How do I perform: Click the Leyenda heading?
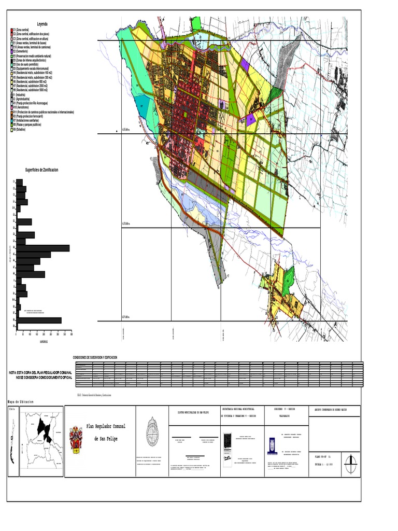click(x=41, y=24)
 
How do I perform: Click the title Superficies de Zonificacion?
click(x=42, y=170)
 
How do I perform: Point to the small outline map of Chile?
click(x=12, y=441)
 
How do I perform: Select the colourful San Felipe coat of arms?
click(x=76, y=438)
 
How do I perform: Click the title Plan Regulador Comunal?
click(x=106, y=426)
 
